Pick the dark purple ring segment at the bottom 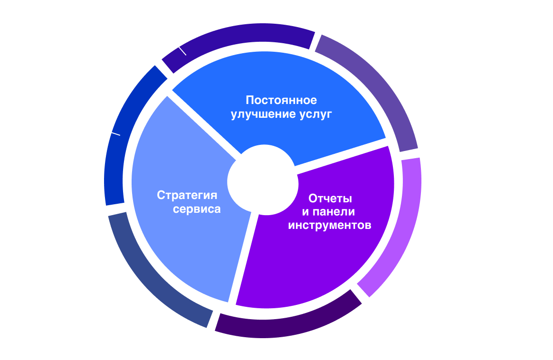click(285, 323)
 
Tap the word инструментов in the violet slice click(329, 225)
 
